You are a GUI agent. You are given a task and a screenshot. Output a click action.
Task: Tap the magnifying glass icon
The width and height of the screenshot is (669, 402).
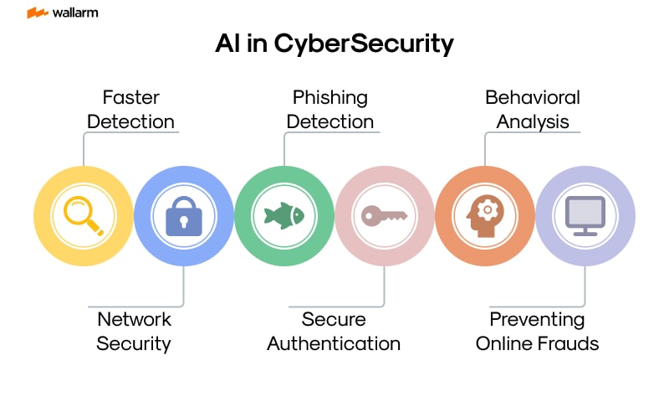click(84, 215)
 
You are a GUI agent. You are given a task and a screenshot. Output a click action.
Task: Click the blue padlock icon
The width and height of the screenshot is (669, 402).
click(184, 215)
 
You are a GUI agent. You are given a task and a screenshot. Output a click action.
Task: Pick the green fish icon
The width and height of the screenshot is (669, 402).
click(284, 215)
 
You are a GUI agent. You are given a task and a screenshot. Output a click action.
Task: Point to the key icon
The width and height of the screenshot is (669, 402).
click(384, 215)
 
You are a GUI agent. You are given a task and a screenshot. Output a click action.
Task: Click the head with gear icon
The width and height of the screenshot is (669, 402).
click(485, 215)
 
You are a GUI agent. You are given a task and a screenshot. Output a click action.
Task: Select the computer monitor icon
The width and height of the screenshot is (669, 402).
click(585, 215)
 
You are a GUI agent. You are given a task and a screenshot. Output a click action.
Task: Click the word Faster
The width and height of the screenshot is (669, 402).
click(130, 97)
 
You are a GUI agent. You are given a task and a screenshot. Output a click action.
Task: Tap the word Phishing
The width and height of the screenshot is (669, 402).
click(329, 97)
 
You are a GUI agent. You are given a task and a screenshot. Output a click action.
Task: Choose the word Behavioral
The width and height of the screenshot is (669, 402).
click(533, 97)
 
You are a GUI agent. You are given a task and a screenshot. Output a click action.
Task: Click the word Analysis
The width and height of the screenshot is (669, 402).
click(533, 121)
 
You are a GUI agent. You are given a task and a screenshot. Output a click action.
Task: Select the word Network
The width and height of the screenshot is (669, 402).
click(134, 319)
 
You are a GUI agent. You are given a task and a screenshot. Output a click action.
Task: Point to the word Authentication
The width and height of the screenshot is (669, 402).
click(334, 343)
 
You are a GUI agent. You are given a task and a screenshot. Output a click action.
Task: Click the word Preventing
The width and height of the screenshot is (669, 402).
click(537, 319)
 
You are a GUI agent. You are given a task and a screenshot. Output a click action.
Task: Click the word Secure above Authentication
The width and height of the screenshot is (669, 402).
click(334, 319)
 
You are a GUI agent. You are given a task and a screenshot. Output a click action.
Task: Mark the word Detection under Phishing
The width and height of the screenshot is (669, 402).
click(329, 121)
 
